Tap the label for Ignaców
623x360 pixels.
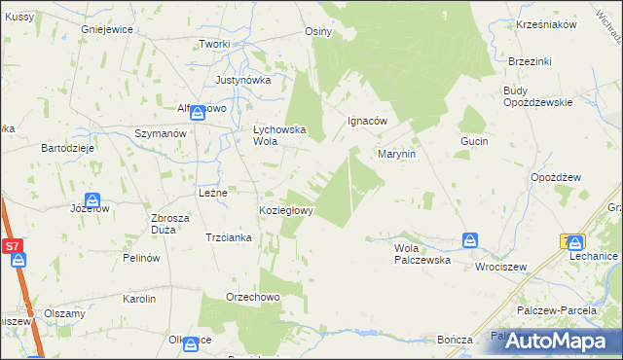368,122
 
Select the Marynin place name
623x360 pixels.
397,154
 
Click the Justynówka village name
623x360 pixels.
242,80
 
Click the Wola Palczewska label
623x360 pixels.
421,254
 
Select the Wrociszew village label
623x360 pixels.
500,266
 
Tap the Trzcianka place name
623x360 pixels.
229,237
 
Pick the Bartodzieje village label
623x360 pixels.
66,148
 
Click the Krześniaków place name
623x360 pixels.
547,24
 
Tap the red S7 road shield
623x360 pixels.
13,247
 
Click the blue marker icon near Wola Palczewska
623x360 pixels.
470,239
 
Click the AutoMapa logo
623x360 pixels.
558,341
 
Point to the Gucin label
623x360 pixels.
474,141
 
